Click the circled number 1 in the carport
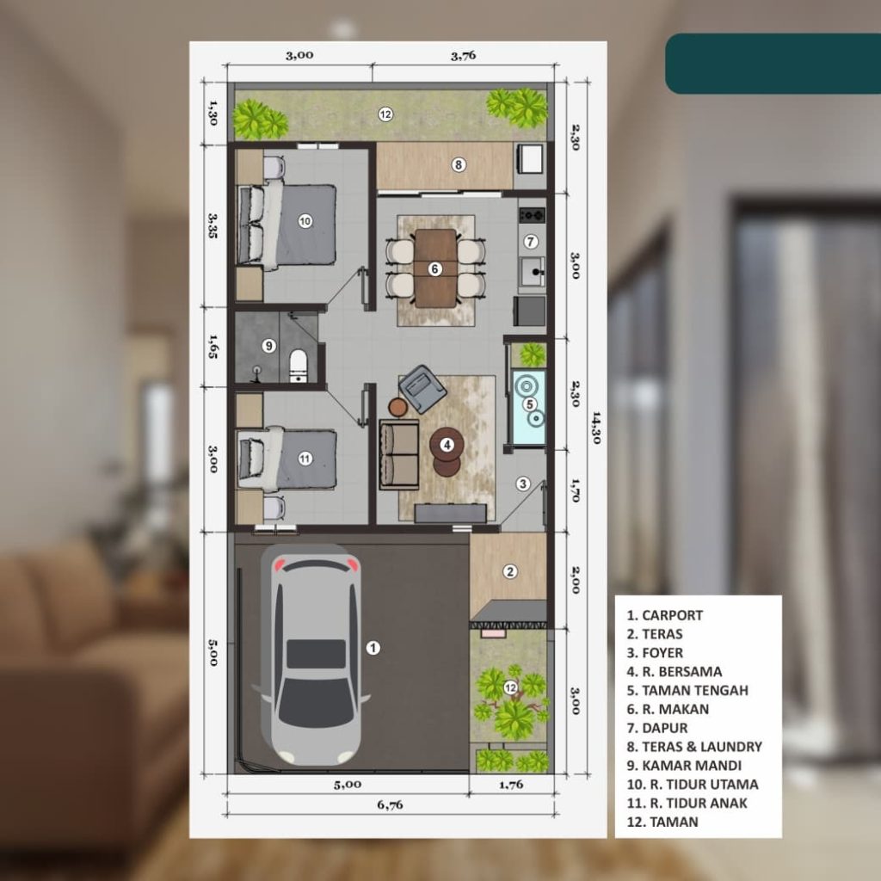click(x=373, y=648)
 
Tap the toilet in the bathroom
click(x=298, y=366)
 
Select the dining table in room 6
click(x=435, y=268)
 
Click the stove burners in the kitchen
click(x=532, y=214)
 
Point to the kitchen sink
click(x=531, y=273)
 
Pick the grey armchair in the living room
click(x=422, y=388)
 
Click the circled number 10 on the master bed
click(x=305, y=221)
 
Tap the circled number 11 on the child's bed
click(x=305, y=459)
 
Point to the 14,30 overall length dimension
click(x=595, y=428)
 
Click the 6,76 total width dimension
click(x=390, y=804)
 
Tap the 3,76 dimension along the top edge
click(x=464, y=55)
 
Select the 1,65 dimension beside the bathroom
click(x=213, y=346)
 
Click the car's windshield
click(x=316, y=702)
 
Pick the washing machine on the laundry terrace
click(x=530, y=158)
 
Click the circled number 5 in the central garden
click(x=529, y=404)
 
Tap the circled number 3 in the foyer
click(x=523, y=484)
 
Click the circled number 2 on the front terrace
click(x=509, y=572)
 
